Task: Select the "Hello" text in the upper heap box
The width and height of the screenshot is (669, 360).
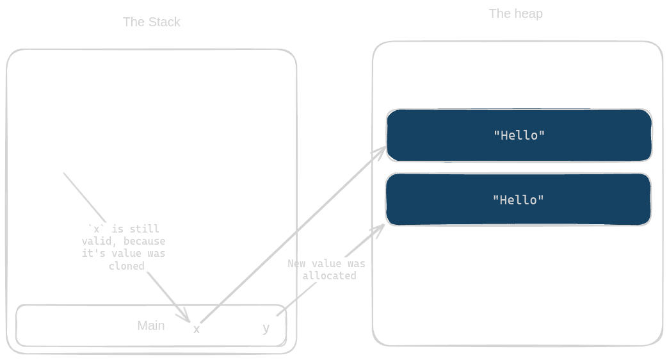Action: point(519,135)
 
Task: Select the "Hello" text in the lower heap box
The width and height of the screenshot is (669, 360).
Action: point(519,200)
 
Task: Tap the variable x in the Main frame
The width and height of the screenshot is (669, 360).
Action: point(197,329)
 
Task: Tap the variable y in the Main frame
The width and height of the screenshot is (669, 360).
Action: point(266,329)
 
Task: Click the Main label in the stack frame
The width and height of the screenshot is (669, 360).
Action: point(150,325)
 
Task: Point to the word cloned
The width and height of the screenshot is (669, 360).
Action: point(126,266)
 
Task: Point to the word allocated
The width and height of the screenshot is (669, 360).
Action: point(328,275)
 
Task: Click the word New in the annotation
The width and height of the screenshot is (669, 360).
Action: point(296,263)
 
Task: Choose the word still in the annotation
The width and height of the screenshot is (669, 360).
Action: point(145,229)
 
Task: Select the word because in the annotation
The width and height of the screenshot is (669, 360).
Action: point(144,241)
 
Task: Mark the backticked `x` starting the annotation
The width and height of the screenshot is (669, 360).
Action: point(96,229)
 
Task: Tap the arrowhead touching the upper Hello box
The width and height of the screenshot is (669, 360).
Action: point(380,151)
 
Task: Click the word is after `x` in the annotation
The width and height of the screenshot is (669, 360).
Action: point(117,229)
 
